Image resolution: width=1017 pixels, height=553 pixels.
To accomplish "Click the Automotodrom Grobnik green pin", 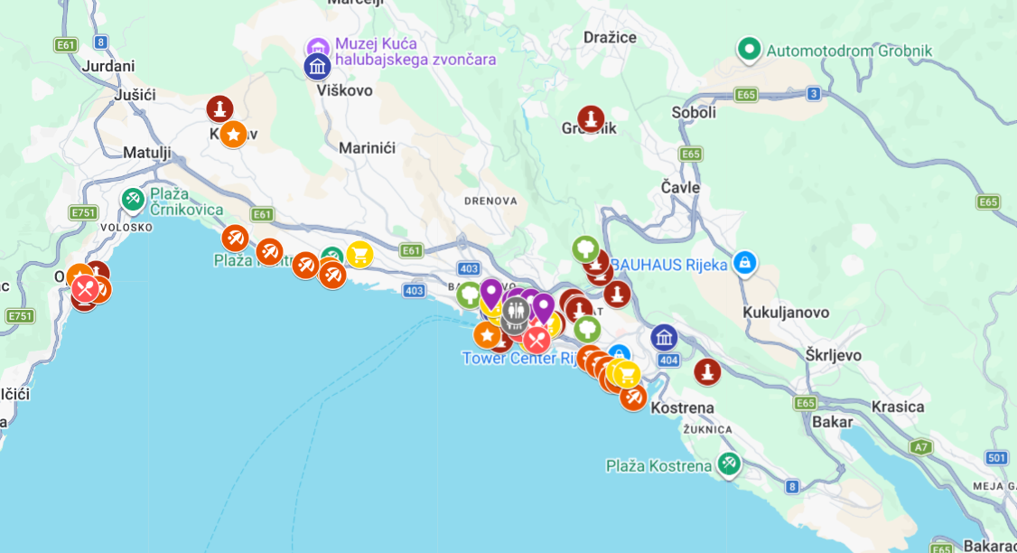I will click(x=748, y=50).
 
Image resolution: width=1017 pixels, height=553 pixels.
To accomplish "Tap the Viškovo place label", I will click(x=344, y=90).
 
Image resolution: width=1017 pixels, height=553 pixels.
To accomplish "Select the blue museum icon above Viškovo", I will click(x=317, y=66).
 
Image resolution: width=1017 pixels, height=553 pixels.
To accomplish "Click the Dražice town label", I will click(x=610, y=37).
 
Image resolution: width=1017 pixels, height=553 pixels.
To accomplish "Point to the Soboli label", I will click(x=694, y=112).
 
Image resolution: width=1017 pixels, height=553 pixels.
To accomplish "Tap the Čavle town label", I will click(x=680, y=187).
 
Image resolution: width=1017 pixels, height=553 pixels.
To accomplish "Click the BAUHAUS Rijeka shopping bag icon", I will click(x=744, y=264).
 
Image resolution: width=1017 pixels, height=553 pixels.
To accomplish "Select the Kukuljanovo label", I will click(x=786, y=312).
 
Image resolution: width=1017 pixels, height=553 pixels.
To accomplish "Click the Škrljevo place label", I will click(x=834, y=355).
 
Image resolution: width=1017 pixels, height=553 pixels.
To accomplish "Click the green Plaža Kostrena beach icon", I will click(x=729, y=464).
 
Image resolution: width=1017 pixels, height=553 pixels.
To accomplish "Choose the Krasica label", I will click(x=898, y=407).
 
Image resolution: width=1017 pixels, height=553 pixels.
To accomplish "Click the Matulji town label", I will click(x=146, y=152).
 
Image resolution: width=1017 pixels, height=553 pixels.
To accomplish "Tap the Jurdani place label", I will click(x=107, y=66).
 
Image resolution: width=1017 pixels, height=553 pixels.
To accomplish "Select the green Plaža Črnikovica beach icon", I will click(x=133, y=199).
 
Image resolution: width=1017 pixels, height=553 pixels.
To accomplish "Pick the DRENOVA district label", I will click(x=491, y=201).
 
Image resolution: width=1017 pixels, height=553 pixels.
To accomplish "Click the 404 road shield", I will click(x=668, y=361).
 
